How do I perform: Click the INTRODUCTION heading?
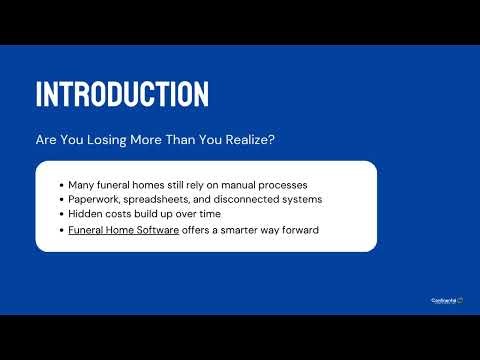tap(122, 93)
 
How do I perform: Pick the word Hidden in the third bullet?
tap(85, 214)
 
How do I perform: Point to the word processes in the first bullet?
tap(305, 185)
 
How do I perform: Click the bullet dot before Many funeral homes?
tap(61, 185)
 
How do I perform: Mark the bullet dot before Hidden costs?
tap(61, 214)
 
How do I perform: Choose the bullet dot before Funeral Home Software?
tap(61, 229)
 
